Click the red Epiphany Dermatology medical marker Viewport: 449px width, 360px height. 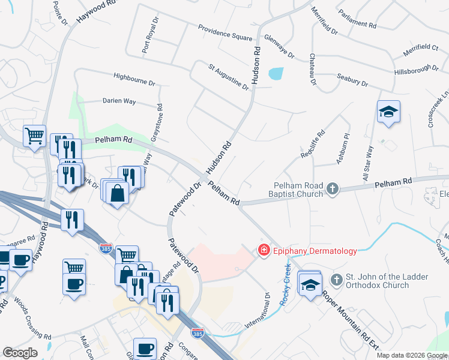(263, 251)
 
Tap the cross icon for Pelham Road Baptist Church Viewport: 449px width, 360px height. (331, 190)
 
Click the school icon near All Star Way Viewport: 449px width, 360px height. (388, 112)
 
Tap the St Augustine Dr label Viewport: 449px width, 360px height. (228, 77)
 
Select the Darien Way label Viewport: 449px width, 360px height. (119, 101)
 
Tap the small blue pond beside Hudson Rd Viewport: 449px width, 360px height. (276, 74)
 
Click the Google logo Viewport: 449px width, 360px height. (20, 353)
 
